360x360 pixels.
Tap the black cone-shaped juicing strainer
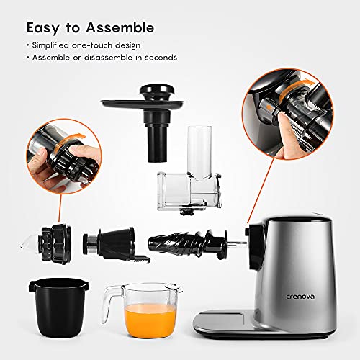107,244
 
